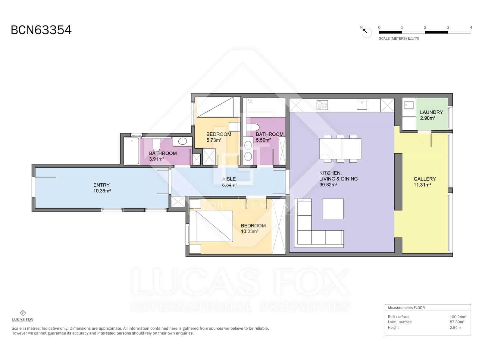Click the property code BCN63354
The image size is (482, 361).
click(41, 30)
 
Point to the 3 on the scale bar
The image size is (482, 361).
click(448, 27)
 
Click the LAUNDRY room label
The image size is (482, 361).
click(431, 112)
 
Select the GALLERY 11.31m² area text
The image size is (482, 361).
click(424, 182)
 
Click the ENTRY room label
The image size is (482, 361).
click(102, 185)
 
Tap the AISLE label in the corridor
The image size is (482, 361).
click(229, 179)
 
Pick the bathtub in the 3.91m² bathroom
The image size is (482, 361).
click(132, 151)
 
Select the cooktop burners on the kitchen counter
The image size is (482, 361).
click(322, 105)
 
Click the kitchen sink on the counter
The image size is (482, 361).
click(361, 105)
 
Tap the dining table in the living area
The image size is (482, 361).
click(340, 149)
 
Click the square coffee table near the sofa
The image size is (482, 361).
click(333, 208)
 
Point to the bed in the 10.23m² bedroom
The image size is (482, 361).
click(214, 226)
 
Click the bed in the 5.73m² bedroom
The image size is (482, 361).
click(215, 107)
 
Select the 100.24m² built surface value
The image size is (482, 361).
click(458, 317)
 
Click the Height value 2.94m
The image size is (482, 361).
click(455, 328)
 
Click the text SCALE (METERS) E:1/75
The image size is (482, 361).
click(399, 39)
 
